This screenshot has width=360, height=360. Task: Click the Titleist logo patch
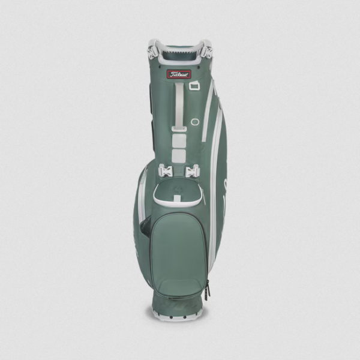coord(179,74)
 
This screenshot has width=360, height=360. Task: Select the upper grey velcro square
coord(179,140)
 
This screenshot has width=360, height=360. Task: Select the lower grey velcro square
coord(179,156)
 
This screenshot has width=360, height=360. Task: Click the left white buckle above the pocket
coord(166,171)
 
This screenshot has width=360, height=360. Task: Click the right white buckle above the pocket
coord(193,171)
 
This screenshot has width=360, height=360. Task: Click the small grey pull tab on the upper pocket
coord(177,198)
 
